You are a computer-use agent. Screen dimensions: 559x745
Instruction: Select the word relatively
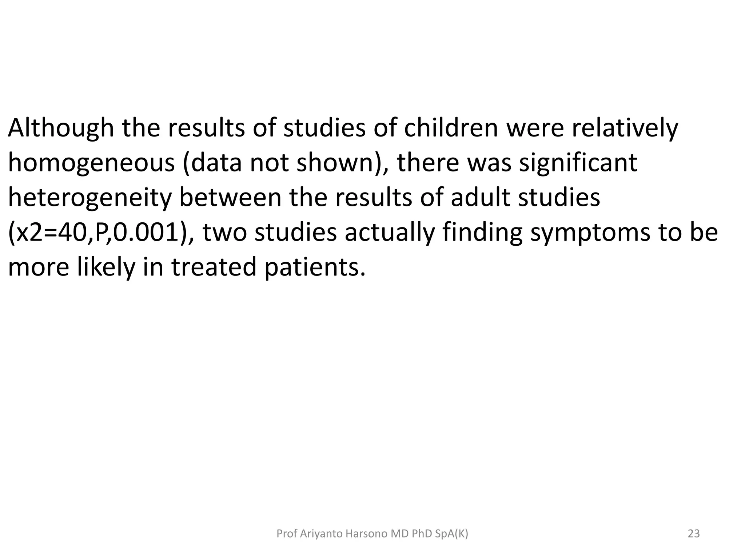pos(625,128)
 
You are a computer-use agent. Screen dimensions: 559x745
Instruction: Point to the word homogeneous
pos(91,163)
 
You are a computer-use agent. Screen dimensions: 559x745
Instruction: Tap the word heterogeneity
pos(89,198)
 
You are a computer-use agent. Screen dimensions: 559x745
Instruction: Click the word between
pos(230,198)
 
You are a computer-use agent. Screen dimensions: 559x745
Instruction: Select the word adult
pos(479,198)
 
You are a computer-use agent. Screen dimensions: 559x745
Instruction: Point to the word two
pos(224,233)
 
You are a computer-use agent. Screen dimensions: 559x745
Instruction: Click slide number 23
pos(694,534)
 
